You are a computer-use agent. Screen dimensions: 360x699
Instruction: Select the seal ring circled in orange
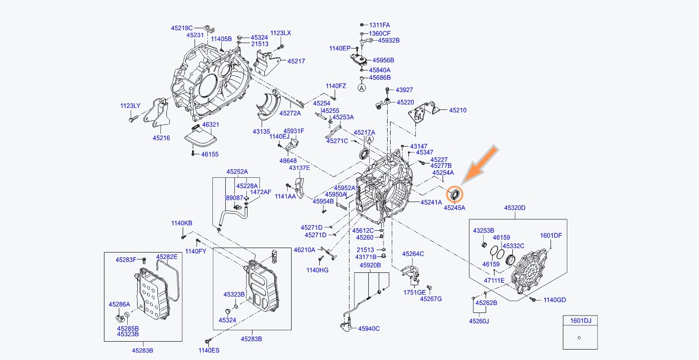click(x=454, y=194)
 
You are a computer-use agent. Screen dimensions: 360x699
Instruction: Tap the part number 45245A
click(x=454, y=208)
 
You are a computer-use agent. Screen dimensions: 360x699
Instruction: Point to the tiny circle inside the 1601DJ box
click(x=579, y=338)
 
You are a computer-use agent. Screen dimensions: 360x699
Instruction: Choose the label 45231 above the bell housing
click(x=195, y=35)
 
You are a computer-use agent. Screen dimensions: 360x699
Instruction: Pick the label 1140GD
click(x=555, y=300)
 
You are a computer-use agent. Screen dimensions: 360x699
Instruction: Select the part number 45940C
click(x=369, y=328)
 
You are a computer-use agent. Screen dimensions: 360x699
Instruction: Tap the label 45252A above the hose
click(x=237, y=172)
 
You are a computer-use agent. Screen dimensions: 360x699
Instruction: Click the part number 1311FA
click(x=379, y=24)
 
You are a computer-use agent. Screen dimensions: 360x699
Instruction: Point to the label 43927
click(x=404, y=90)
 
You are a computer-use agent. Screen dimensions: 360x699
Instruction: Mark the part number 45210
click(x=457, y=110)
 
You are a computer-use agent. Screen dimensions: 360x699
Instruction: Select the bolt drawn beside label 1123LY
click(x=131, y=119)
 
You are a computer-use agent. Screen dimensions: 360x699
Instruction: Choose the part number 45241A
click(x=431, y=202)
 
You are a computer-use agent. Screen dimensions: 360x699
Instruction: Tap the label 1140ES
click(x=208, y=351)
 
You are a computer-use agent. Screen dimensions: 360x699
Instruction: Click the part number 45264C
click(x=413, y=254)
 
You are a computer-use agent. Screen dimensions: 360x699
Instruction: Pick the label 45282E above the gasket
click(x=167, y=257)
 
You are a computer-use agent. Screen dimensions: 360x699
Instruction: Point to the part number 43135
click(x=261, y=131)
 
